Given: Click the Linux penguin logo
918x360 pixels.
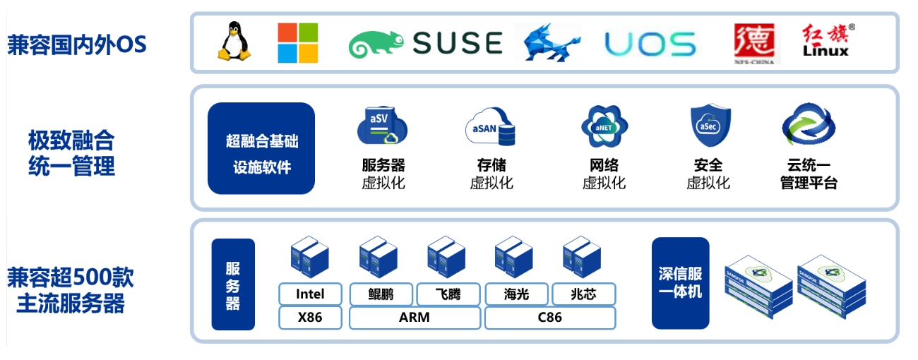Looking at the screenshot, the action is [234, 42].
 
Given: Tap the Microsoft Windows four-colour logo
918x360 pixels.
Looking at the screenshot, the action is [298, 43].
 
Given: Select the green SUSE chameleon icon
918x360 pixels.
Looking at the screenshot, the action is [376, 44].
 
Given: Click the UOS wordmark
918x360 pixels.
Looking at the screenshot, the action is [650, 44].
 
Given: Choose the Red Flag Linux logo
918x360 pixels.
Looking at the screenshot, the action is [828, 40].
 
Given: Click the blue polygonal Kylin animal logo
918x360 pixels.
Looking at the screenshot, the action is [550, 42].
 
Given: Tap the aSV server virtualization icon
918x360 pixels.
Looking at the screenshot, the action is [382, 126].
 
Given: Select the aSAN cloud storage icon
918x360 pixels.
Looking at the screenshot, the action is [491, 126].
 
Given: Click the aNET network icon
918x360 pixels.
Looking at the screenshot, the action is [604, 126].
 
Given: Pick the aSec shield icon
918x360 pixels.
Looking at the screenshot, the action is [710, 126].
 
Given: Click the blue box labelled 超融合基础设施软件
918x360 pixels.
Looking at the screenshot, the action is [261, 148].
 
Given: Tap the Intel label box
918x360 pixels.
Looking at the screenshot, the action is [310, 294].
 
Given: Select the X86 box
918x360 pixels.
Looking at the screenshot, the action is [310, 318].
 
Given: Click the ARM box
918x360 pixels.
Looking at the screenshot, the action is [415, 318].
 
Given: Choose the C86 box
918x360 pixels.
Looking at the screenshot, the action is [550, 318].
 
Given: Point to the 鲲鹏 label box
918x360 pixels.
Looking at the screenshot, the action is [381, 294].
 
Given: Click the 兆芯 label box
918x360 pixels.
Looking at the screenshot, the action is [583, 294].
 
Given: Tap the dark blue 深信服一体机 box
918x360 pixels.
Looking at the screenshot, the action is [680, 283].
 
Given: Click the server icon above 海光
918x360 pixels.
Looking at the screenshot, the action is [513, 257].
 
